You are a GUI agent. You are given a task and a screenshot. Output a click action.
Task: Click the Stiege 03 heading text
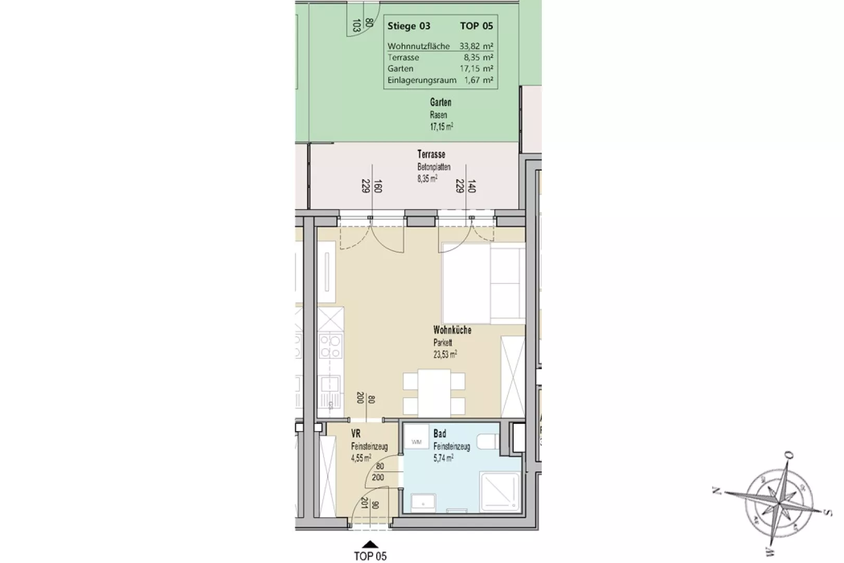409,26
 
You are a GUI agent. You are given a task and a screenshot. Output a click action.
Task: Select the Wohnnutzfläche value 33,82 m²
476,46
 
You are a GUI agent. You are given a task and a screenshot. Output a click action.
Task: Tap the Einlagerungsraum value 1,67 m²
478,80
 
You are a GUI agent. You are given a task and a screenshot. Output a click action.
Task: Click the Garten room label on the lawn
440,102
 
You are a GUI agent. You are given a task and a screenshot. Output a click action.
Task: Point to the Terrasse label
431,154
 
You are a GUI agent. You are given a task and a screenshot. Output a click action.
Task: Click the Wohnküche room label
452,330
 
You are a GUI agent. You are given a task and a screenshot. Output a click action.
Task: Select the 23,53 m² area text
445,354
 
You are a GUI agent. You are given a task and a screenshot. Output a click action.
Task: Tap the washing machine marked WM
416,437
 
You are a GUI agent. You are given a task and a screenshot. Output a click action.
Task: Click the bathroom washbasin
424,503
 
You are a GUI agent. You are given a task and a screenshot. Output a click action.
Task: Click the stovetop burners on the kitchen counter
330,346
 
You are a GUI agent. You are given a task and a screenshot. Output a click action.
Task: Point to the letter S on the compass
826,512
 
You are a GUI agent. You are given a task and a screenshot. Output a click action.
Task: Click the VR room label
356,433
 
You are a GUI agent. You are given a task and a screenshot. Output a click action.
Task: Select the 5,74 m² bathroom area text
443,458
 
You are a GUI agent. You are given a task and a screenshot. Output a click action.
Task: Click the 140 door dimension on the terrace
471,186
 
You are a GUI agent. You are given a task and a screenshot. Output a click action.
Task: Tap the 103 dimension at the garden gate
356,25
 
